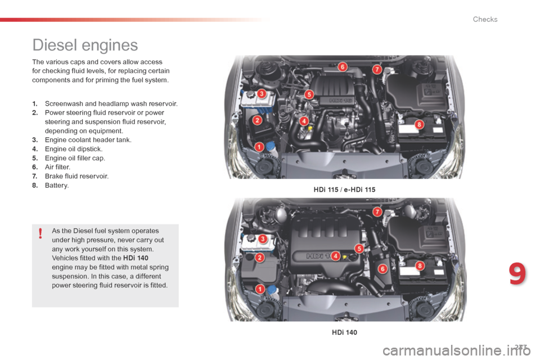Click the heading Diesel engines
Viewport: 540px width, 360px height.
[x=85, y=44]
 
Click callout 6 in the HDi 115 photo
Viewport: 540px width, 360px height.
[x=342, y=67]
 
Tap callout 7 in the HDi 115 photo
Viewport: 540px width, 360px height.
[x=377, y=69]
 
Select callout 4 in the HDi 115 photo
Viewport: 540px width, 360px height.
[x=304, y=120]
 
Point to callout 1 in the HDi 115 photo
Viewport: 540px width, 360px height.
[x=259, y=147]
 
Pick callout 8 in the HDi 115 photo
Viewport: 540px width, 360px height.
[x=418, y=124]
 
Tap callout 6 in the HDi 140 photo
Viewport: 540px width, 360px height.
[x=382, y=269]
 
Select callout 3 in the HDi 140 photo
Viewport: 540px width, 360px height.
[x=263, y=239]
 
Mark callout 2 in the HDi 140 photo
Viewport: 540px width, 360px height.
[x=260, y=258]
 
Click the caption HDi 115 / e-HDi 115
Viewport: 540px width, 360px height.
[x=344, y=190]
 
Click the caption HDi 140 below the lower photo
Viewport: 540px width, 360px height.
[x=344, y=332]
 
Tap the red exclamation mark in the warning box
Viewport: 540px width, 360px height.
[x=41, y=232]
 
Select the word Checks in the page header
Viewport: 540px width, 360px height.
[x=485, y=19]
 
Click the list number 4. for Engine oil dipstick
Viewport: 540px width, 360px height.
[x=35, y=149]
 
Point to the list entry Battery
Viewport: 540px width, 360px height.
[x=56, y=185]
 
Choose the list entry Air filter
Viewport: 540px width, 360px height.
[x=57, y=167]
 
